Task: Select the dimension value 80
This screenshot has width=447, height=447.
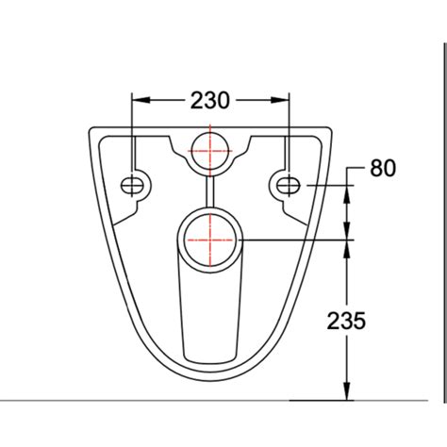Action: pyautogui.click(x=382, y=169)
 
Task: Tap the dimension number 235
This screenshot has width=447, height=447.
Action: pyautogui.click(x=347, y=321)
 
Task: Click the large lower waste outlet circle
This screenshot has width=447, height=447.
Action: pyautogui.click(x=209, y=240)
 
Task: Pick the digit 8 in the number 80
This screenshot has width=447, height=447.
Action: pyautogui.click(x=375, y=169)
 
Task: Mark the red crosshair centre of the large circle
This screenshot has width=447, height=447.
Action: pyautogui.click(x=209, y=240)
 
